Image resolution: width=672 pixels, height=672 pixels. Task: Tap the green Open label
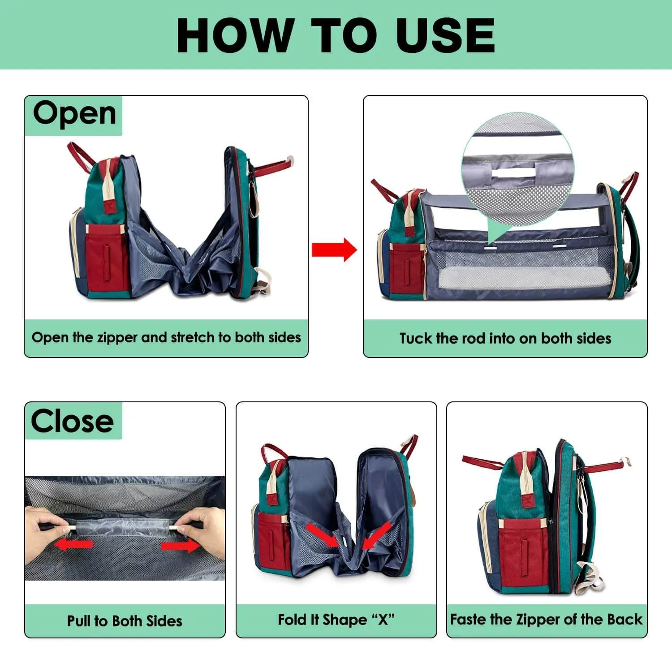coord(74,116)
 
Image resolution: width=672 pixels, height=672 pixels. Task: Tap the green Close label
coord(73,421)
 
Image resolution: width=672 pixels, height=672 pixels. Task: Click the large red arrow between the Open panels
coord(334,250)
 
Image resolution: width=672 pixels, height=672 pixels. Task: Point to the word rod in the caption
coord(475,338)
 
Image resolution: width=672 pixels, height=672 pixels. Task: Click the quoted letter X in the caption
coord(383,620)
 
